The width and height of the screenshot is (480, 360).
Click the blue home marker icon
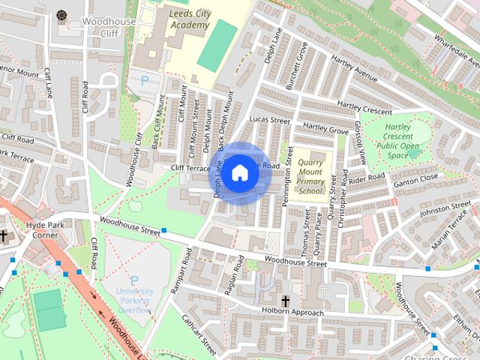239,173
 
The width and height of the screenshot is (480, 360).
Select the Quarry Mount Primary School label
310,176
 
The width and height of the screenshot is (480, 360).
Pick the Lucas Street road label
269,119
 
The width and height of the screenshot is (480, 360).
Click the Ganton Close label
418,178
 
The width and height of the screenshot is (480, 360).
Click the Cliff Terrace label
190,169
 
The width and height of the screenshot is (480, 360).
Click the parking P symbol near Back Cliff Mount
145,79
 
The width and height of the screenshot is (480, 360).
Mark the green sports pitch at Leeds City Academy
217,45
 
